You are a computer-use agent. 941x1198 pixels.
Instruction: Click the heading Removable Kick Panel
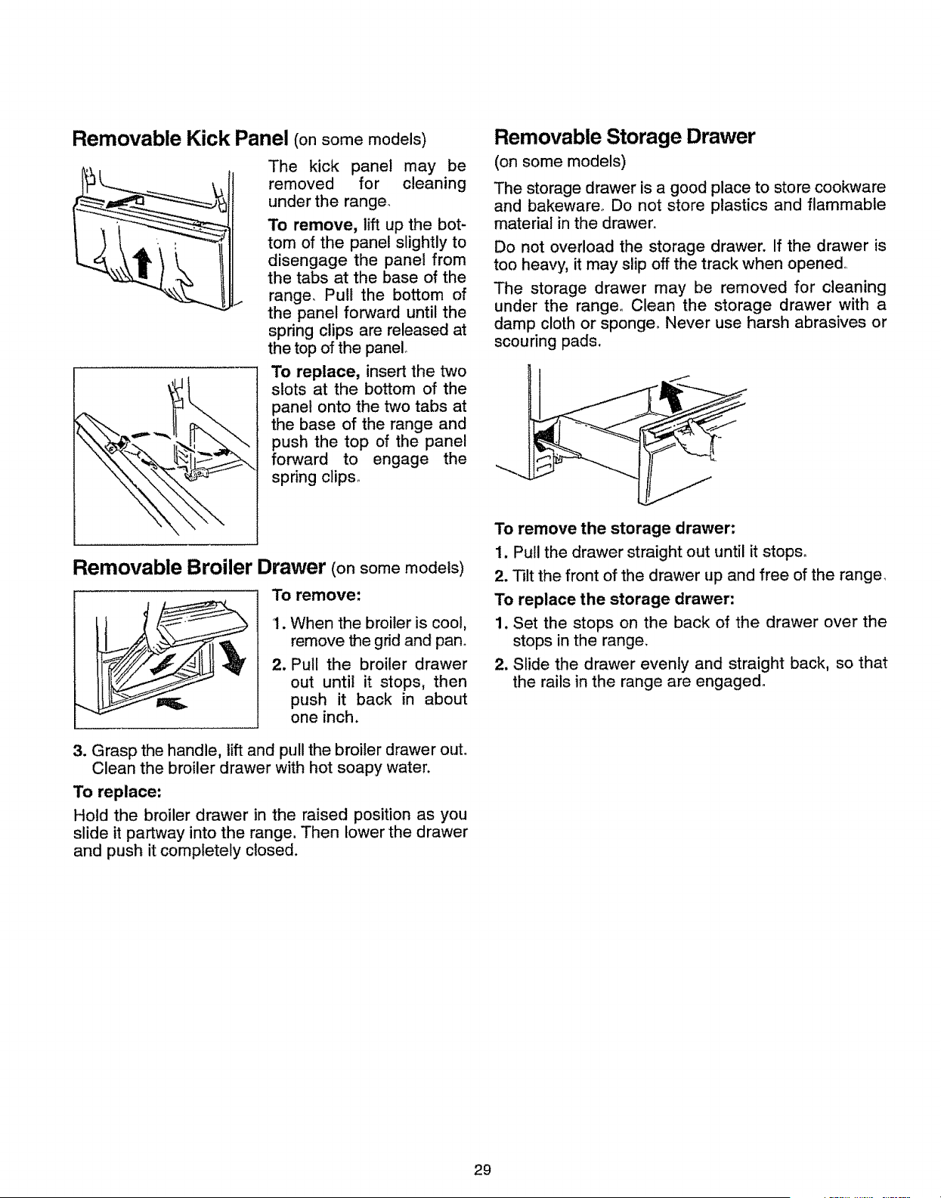point(180,138)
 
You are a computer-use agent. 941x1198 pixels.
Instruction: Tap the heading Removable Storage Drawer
point(624,136)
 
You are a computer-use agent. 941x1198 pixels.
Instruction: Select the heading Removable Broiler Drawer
point(199,567)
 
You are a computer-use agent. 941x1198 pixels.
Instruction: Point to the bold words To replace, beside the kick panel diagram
point(315,371)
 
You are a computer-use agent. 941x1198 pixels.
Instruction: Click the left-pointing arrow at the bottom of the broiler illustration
point(172,704)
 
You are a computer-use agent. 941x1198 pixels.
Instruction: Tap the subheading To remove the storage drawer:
point(614,528)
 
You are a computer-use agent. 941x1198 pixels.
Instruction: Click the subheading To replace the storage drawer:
point(614,599)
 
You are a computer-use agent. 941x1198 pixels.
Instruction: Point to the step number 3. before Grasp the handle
point(80,751)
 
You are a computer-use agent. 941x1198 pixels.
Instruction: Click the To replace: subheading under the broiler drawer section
point(117,792)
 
